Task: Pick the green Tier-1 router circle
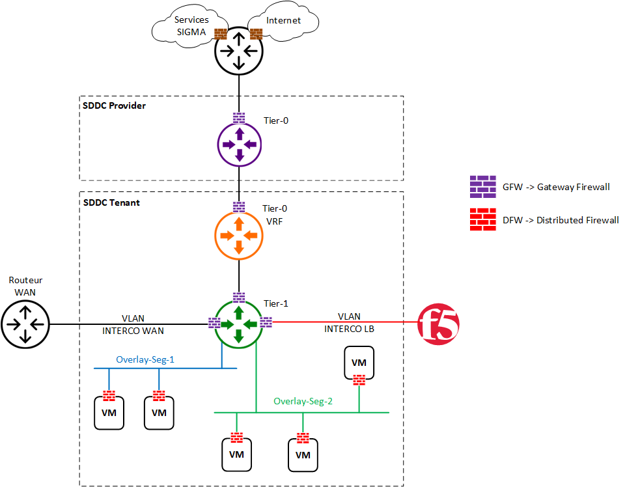pos(239,323)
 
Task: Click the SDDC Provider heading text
pos(115,105)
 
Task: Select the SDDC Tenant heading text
pos(112,202)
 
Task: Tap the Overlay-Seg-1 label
pos(145,359)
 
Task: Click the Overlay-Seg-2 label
pos(303,402)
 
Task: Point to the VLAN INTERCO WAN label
pos(133,324)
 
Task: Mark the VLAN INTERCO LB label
pos(349,322)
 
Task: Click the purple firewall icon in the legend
pos(483,187)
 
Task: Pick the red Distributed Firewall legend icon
pos(483,220)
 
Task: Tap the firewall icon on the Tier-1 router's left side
pos(213,322)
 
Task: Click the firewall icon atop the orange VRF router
pos(239,207)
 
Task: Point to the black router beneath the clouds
pos(239,49)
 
